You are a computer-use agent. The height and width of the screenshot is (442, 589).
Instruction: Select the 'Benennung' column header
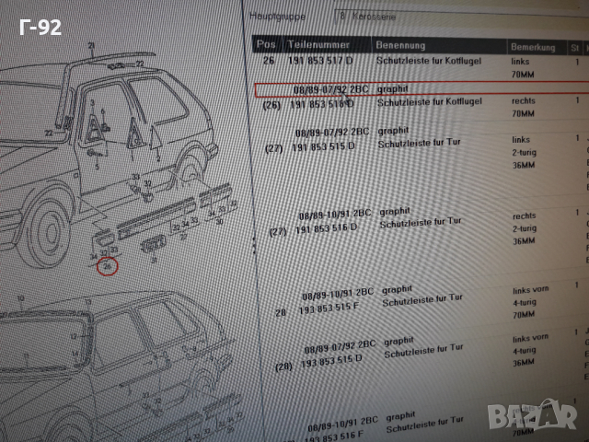click(x=400, y=44)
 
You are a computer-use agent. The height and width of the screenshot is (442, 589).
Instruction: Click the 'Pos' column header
click(x=266, y=43)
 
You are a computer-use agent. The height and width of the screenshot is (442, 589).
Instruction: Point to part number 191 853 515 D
click(x=322, y=147)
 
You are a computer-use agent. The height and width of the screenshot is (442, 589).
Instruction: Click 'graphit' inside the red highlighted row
click(x=392, y=88)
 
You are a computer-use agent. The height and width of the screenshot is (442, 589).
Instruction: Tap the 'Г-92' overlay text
click(x=40, y=27)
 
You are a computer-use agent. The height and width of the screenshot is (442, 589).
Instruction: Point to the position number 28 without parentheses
click(x=281, y=312)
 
